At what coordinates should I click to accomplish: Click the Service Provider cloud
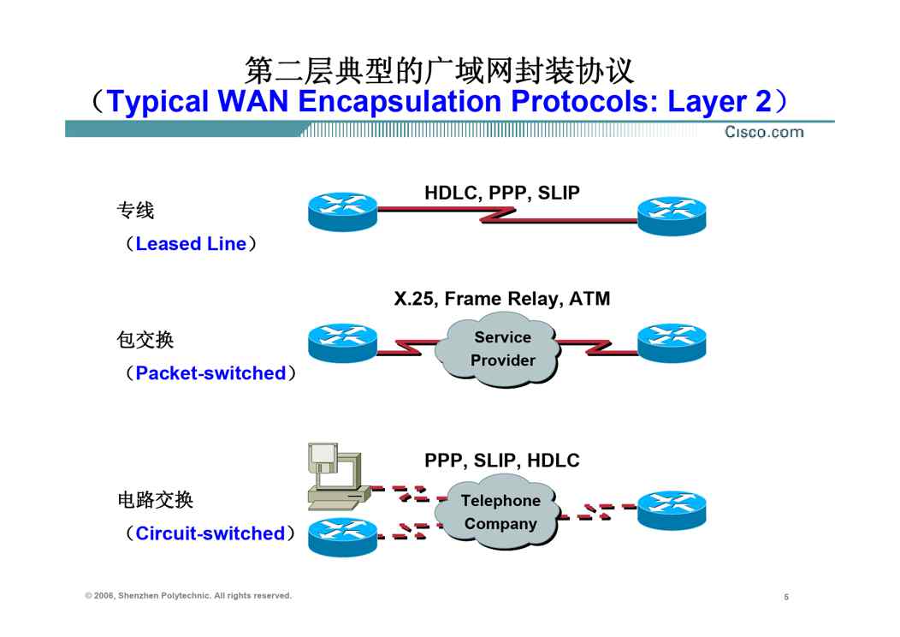497,348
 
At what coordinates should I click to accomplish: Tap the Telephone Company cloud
500,512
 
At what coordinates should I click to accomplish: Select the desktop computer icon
337,476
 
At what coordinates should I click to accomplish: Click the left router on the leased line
343,212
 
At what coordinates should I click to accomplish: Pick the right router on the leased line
672,216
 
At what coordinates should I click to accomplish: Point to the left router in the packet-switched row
343,343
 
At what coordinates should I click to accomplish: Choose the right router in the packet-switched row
672,343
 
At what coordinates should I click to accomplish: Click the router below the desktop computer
343,537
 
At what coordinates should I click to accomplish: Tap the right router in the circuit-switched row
672,509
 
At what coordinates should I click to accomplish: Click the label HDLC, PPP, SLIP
502,193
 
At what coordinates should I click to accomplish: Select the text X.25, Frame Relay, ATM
502,299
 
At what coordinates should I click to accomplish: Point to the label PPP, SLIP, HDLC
502,460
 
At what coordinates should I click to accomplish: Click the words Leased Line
191,243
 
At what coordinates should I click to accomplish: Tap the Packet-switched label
210,372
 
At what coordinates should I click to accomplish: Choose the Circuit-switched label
210,533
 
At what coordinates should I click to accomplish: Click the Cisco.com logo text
764,132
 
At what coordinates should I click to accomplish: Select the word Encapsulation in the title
400,101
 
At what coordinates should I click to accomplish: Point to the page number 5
786,597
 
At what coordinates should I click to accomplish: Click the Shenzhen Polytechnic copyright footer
188,596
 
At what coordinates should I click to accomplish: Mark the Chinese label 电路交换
155,500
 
